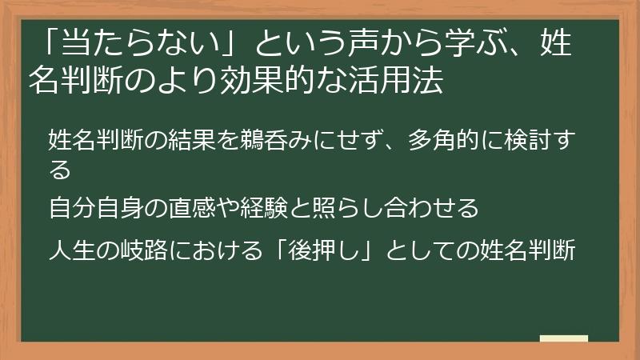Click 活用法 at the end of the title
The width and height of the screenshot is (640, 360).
tap(400, 80)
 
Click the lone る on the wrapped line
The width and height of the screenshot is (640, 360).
tap(59, 170)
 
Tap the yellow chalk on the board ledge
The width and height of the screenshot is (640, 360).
tap(564, 338)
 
